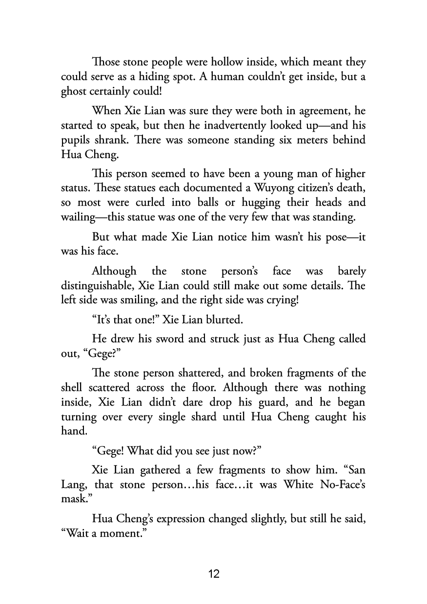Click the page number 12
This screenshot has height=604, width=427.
tap(214, 574)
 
